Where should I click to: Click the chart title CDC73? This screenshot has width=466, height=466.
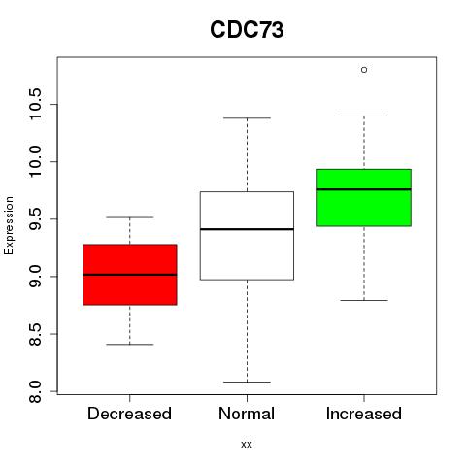click(x=247, y=30)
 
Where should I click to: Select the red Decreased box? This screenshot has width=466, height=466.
click(x=130, y=275)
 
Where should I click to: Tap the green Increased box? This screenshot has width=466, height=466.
click(x=364, y=197)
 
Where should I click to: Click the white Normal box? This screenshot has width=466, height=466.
click(x=247, y=236)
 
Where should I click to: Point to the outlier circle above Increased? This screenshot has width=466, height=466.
click(x=364, y=70)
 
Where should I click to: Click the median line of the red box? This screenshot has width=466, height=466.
click(x=130, y=275)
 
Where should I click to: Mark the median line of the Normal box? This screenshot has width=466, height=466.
click(x=247, y=229)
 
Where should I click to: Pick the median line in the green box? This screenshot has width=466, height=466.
click(x=364, y=189)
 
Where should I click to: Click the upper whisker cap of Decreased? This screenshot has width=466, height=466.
click(x=130, y=217)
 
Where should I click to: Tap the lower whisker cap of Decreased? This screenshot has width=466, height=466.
click(x=130, y=345)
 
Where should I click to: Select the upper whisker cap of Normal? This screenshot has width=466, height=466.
click(x=247, y=118)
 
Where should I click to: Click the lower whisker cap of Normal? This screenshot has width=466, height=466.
click(x=247, y=382)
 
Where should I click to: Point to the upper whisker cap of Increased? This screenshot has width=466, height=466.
click(x=364, y=116)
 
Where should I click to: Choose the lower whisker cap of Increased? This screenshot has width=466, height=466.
click(x=364, y=300)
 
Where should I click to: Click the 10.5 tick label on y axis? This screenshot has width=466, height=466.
click(x=35, y=104)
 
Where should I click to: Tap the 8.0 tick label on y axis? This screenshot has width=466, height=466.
click(x=35, y=391)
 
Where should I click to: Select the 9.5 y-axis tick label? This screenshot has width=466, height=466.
click(x=35, y=219)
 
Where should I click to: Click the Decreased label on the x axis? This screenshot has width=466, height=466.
click(x=129, y=414)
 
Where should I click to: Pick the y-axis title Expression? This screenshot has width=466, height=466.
click(x=9, y=225)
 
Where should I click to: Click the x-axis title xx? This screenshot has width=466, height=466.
click(x=247, y=445)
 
